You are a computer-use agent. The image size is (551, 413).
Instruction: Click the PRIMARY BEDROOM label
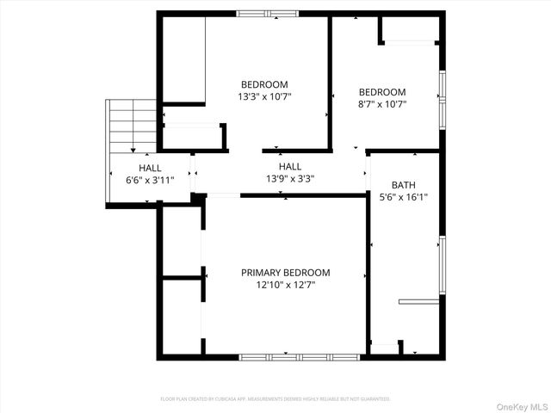pos(285,273)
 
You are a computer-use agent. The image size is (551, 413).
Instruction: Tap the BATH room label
pos(403,185)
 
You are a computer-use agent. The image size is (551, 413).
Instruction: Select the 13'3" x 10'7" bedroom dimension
pos(264,96)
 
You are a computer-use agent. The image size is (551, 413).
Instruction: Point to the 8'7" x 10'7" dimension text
pos(382,104)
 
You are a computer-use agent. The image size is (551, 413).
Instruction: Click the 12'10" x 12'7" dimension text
pos(285,285)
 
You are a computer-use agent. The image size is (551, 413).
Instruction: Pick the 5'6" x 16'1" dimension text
pos(404,197)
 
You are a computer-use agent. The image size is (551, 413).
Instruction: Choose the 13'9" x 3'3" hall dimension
pos(290,179)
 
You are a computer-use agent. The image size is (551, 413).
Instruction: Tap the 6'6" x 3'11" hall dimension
pos(151,180)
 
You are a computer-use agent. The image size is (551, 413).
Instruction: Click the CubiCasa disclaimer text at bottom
pos(275,399)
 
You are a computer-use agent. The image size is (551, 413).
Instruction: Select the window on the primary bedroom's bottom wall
pos(299,356)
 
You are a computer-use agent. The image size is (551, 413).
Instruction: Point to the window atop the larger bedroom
pos(266,13)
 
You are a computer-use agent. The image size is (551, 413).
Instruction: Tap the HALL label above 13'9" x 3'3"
pos(290,167)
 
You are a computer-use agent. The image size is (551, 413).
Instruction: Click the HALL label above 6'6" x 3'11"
pos(151,168)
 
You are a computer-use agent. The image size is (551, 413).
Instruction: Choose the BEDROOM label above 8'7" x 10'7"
pos(382,92)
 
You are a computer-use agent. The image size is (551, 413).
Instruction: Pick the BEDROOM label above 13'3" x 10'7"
pos(264,84)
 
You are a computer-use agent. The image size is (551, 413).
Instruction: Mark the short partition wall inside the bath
pos(421,301)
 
